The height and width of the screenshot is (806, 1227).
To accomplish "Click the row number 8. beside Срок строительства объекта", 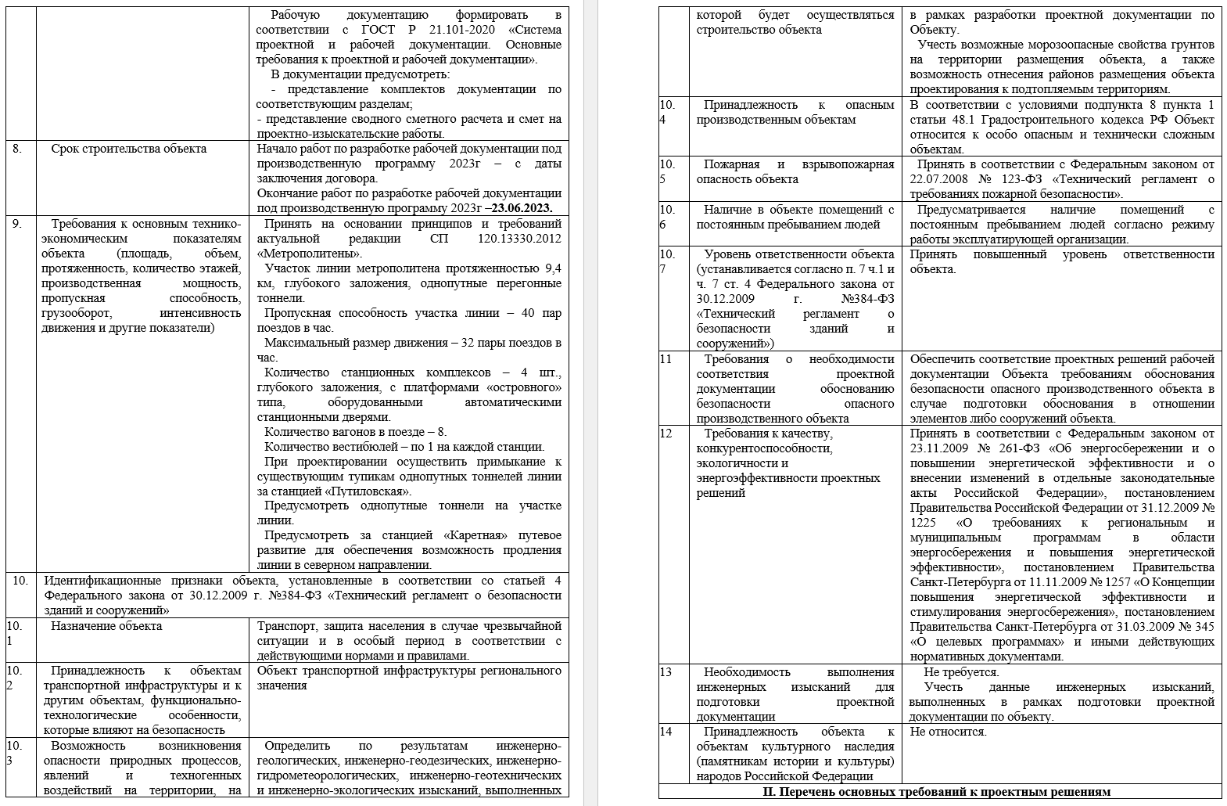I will (17, 149).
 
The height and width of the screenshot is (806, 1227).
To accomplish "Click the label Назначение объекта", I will (106, 626).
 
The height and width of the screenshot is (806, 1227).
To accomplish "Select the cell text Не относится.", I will (948, 732).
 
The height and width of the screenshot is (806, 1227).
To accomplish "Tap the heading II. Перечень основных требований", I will (936, 792).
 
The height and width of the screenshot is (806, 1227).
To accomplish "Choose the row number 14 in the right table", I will (666, 732).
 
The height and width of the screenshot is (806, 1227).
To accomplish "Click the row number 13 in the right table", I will (666, 672).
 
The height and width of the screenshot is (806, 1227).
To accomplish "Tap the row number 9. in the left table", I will (17, 224).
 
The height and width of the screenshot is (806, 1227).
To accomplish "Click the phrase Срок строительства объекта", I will (129, 149).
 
